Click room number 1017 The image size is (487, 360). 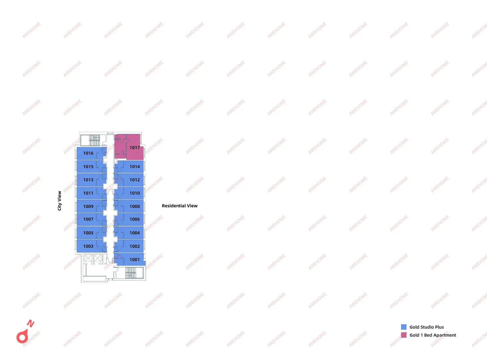(134, 148)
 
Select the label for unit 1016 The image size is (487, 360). (88, 153)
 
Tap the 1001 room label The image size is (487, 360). (134, 260)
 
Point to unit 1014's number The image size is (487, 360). (134, 167)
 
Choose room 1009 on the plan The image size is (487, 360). (88, 206)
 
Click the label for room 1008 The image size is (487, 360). (134, 206)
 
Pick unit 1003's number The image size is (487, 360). (88, 246)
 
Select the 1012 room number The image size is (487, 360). (134, 180)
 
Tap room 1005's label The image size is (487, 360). (88, 233)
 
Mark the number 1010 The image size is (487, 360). (134, 193)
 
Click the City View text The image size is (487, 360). (59, 201)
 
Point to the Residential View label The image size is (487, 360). (180, 206)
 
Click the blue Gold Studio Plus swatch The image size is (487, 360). (404, 327)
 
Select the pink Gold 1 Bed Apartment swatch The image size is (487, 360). (404, 335)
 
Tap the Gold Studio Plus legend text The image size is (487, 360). (426, 327)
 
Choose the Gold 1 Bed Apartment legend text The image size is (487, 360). (433, 335)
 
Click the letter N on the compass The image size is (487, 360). (31, 323)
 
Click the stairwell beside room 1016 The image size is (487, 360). (94, 140)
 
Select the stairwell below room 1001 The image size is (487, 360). (131, 273)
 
